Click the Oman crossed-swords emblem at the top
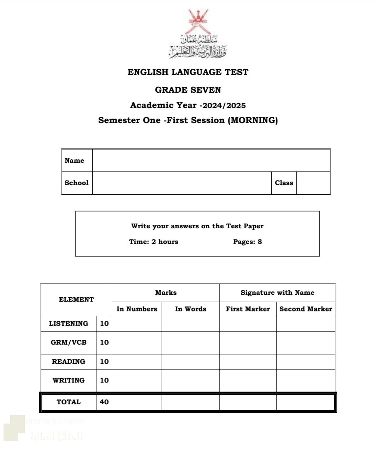click(x=198, y=21)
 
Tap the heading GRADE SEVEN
click(x=188, y=90)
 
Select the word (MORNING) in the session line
click(x=253, y=120)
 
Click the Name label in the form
click(x=74, y=161)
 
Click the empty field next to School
click(x=182, y=183)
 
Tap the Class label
click(x=284, y=183)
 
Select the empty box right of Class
click(x=313, y=183)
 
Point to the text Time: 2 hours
click(x=154, y=242)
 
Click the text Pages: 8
click(x=247, y=242)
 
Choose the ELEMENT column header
click(x=76, y=300)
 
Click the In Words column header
click(x=190, y=309)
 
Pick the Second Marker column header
click(x=306, y=309)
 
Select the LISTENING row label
click(x=69, y=324)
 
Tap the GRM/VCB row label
click(x=69, y=343)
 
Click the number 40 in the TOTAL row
click(x=104, y=402)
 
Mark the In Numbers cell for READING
click(x=137, y=362)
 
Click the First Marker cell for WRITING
click(x=248, y=380)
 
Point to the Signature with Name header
click(x=277, y=293)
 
